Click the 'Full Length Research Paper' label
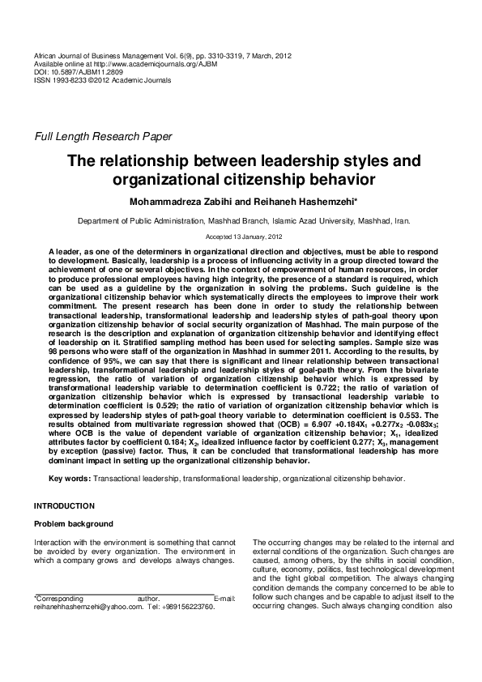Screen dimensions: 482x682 [97, 136]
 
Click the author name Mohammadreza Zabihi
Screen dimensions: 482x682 [186, 200]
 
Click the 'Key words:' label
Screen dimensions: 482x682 [70, 479]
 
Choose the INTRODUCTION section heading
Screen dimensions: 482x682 [64, 505]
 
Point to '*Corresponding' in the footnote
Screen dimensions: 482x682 [62, 598]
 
